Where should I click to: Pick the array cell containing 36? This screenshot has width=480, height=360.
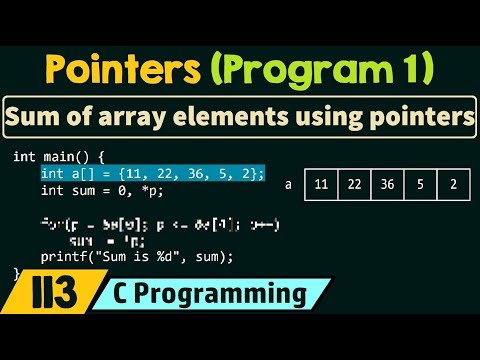[387, 185]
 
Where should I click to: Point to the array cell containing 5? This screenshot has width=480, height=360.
[419, 185]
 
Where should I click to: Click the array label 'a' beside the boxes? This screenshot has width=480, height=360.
[288, 185]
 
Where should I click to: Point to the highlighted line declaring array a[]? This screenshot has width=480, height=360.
[152, 174]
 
